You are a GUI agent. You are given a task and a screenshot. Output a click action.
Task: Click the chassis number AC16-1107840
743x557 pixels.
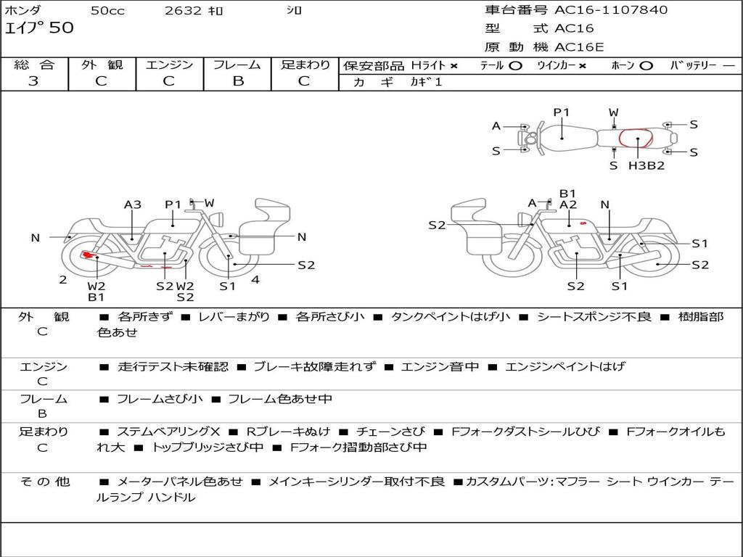coord(611,10)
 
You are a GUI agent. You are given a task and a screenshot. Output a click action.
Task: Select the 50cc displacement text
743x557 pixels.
coord(106,11)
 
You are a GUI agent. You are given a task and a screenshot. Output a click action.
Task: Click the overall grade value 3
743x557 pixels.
coord(33,81)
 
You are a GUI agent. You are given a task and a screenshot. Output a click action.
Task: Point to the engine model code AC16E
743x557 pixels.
coord(580,47)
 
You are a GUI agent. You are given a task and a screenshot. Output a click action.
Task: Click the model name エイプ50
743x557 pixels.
coord(39,28)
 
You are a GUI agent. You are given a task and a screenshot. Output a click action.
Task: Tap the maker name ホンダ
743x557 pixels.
coord(23,11)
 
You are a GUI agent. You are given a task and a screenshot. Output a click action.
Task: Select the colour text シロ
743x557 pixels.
coord(295,11)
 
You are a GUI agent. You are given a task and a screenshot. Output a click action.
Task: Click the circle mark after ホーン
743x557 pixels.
coord(646,65)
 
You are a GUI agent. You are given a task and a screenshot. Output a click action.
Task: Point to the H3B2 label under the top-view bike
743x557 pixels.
coord(646,165)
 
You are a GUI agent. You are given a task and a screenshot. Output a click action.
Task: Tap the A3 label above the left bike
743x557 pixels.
coord(133,205)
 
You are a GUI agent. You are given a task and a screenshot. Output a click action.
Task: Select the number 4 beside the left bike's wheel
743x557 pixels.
coord(255,279)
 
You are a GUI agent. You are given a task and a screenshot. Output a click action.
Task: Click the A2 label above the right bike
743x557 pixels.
coord(567,205)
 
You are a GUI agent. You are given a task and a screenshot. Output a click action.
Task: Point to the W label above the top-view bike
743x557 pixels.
coord(614,112)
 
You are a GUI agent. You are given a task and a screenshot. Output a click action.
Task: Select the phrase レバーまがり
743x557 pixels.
coord(234,317)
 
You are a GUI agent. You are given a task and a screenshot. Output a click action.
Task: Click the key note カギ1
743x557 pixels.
coord(426,82)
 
